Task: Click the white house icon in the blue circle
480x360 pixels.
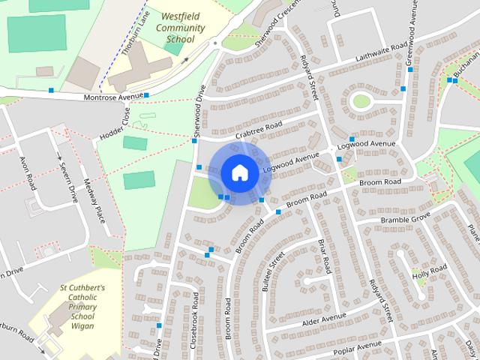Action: click(239, 172)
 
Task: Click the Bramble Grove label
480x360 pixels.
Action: click(406, 218)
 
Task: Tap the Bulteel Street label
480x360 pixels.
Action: click(274, 272)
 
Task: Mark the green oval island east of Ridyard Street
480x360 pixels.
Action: click(361, 100)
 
